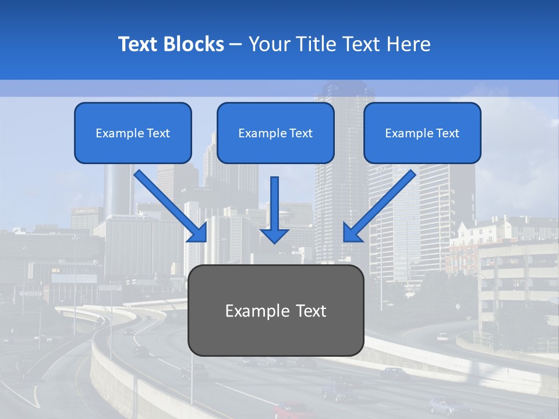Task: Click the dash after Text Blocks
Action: click(x=236, y=45)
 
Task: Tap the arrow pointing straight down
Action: click(x=274, y=210)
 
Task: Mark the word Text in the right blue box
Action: click(x=447, y=133)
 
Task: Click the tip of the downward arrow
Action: click(x=274, y=242)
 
